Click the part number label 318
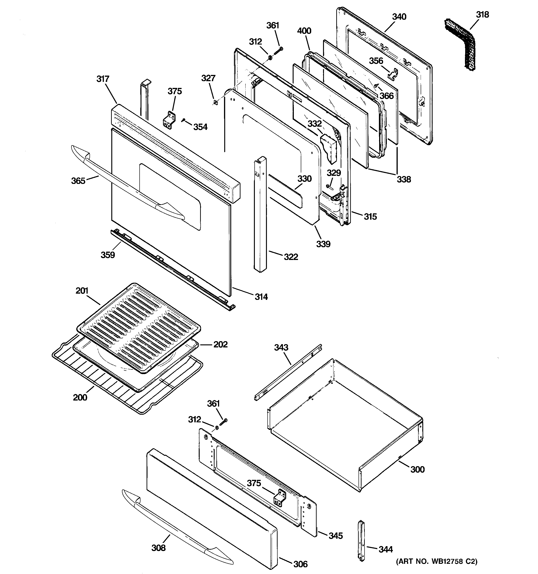click(x=482, y=14)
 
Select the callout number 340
click(x=399, y=17)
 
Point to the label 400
click(x=304, y=31)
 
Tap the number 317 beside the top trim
click(x=103, y=79)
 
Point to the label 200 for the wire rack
click(x=80, y=397)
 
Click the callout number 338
click(x=403, y=179)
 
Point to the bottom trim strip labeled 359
click(x=173, y=269)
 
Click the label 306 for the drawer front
click(x=300, y=564)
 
